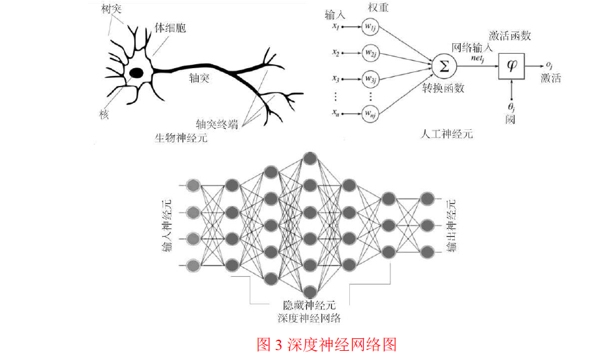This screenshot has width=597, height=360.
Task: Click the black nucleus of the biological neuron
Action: [x=136, y=73]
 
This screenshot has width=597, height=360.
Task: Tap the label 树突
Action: [x=111, y=9]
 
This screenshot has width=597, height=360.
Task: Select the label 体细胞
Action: [x=170, y=28]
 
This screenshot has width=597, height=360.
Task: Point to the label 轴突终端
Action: [x=217, y=124]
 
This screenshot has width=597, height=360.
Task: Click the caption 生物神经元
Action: [x=182, y=138]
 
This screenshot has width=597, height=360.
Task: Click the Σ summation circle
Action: [x=444, y=66]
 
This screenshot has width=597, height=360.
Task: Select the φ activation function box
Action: [x=512, y=66]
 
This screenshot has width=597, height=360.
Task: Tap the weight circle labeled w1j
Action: [x=370, y=27]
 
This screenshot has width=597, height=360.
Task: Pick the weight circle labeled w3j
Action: [x=370, y=79]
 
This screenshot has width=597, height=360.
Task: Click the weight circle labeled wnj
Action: [x=370, y=113]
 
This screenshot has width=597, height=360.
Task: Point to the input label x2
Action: [x=336, y=52]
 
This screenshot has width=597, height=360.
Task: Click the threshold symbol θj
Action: [x=511, y=106]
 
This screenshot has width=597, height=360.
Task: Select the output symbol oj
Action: [x=549, y=65]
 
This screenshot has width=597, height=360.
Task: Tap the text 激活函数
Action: [x=510, y=36]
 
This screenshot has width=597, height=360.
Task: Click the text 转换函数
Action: [x=443, y=88]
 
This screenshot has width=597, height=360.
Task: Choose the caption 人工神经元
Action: [x=446, y=134]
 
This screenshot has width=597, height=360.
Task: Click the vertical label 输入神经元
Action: [x=166, y=226]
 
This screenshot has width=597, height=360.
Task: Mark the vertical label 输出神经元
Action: [x=452, y=226]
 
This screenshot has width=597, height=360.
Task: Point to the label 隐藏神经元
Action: [x=309, y=305]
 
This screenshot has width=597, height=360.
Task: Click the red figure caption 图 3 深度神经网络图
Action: [x=326, y=345]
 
